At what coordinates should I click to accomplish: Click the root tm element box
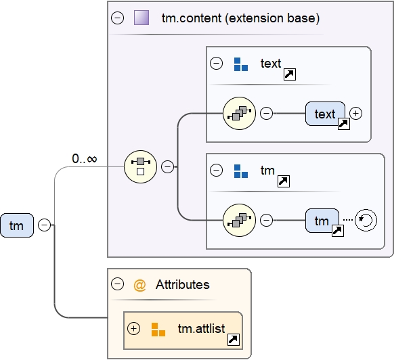pyautogui.click(x=17, y=225)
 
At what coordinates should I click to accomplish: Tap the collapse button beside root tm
pyautogui.click(x=45, y=225)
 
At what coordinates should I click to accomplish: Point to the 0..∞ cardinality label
pyautogui.click(x=85, y=159)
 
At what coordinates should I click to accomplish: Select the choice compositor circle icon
pyautogui.click(x=141, y=166)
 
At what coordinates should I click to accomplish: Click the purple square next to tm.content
pyautogui.click(x=142, y=18)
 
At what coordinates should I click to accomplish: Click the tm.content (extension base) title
pyautogui.click(x=240, y=18)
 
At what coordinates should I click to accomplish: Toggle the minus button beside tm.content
pyautogui.click(x=117, y=18)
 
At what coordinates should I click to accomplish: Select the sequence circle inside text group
pyautogui.click(x=239, y=114)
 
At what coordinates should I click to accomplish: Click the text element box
pyautogui.click(x=325, y=114)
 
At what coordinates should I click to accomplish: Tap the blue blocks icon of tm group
pyautogui.click(x=241, y=171)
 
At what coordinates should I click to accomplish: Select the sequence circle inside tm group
pyautogui.click(x=239, y=221)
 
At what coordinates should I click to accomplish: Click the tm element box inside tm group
pyautogui.click(x=322, y=221)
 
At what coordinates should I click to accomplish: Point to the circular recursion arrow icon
pyautogui.click(x=366, y=221)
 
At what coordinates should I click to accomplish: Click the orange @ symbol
pyautogui.click(x=140, y=285)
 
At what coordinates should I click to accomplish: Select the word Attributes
pyautogui.click(x=183, y=285)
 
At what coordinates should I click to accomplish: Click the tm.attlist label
pyautogui.click(x=200, y=329)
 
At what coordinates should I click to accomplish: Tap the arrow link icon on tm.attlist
pyautogui.click(x=233, y=340)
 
